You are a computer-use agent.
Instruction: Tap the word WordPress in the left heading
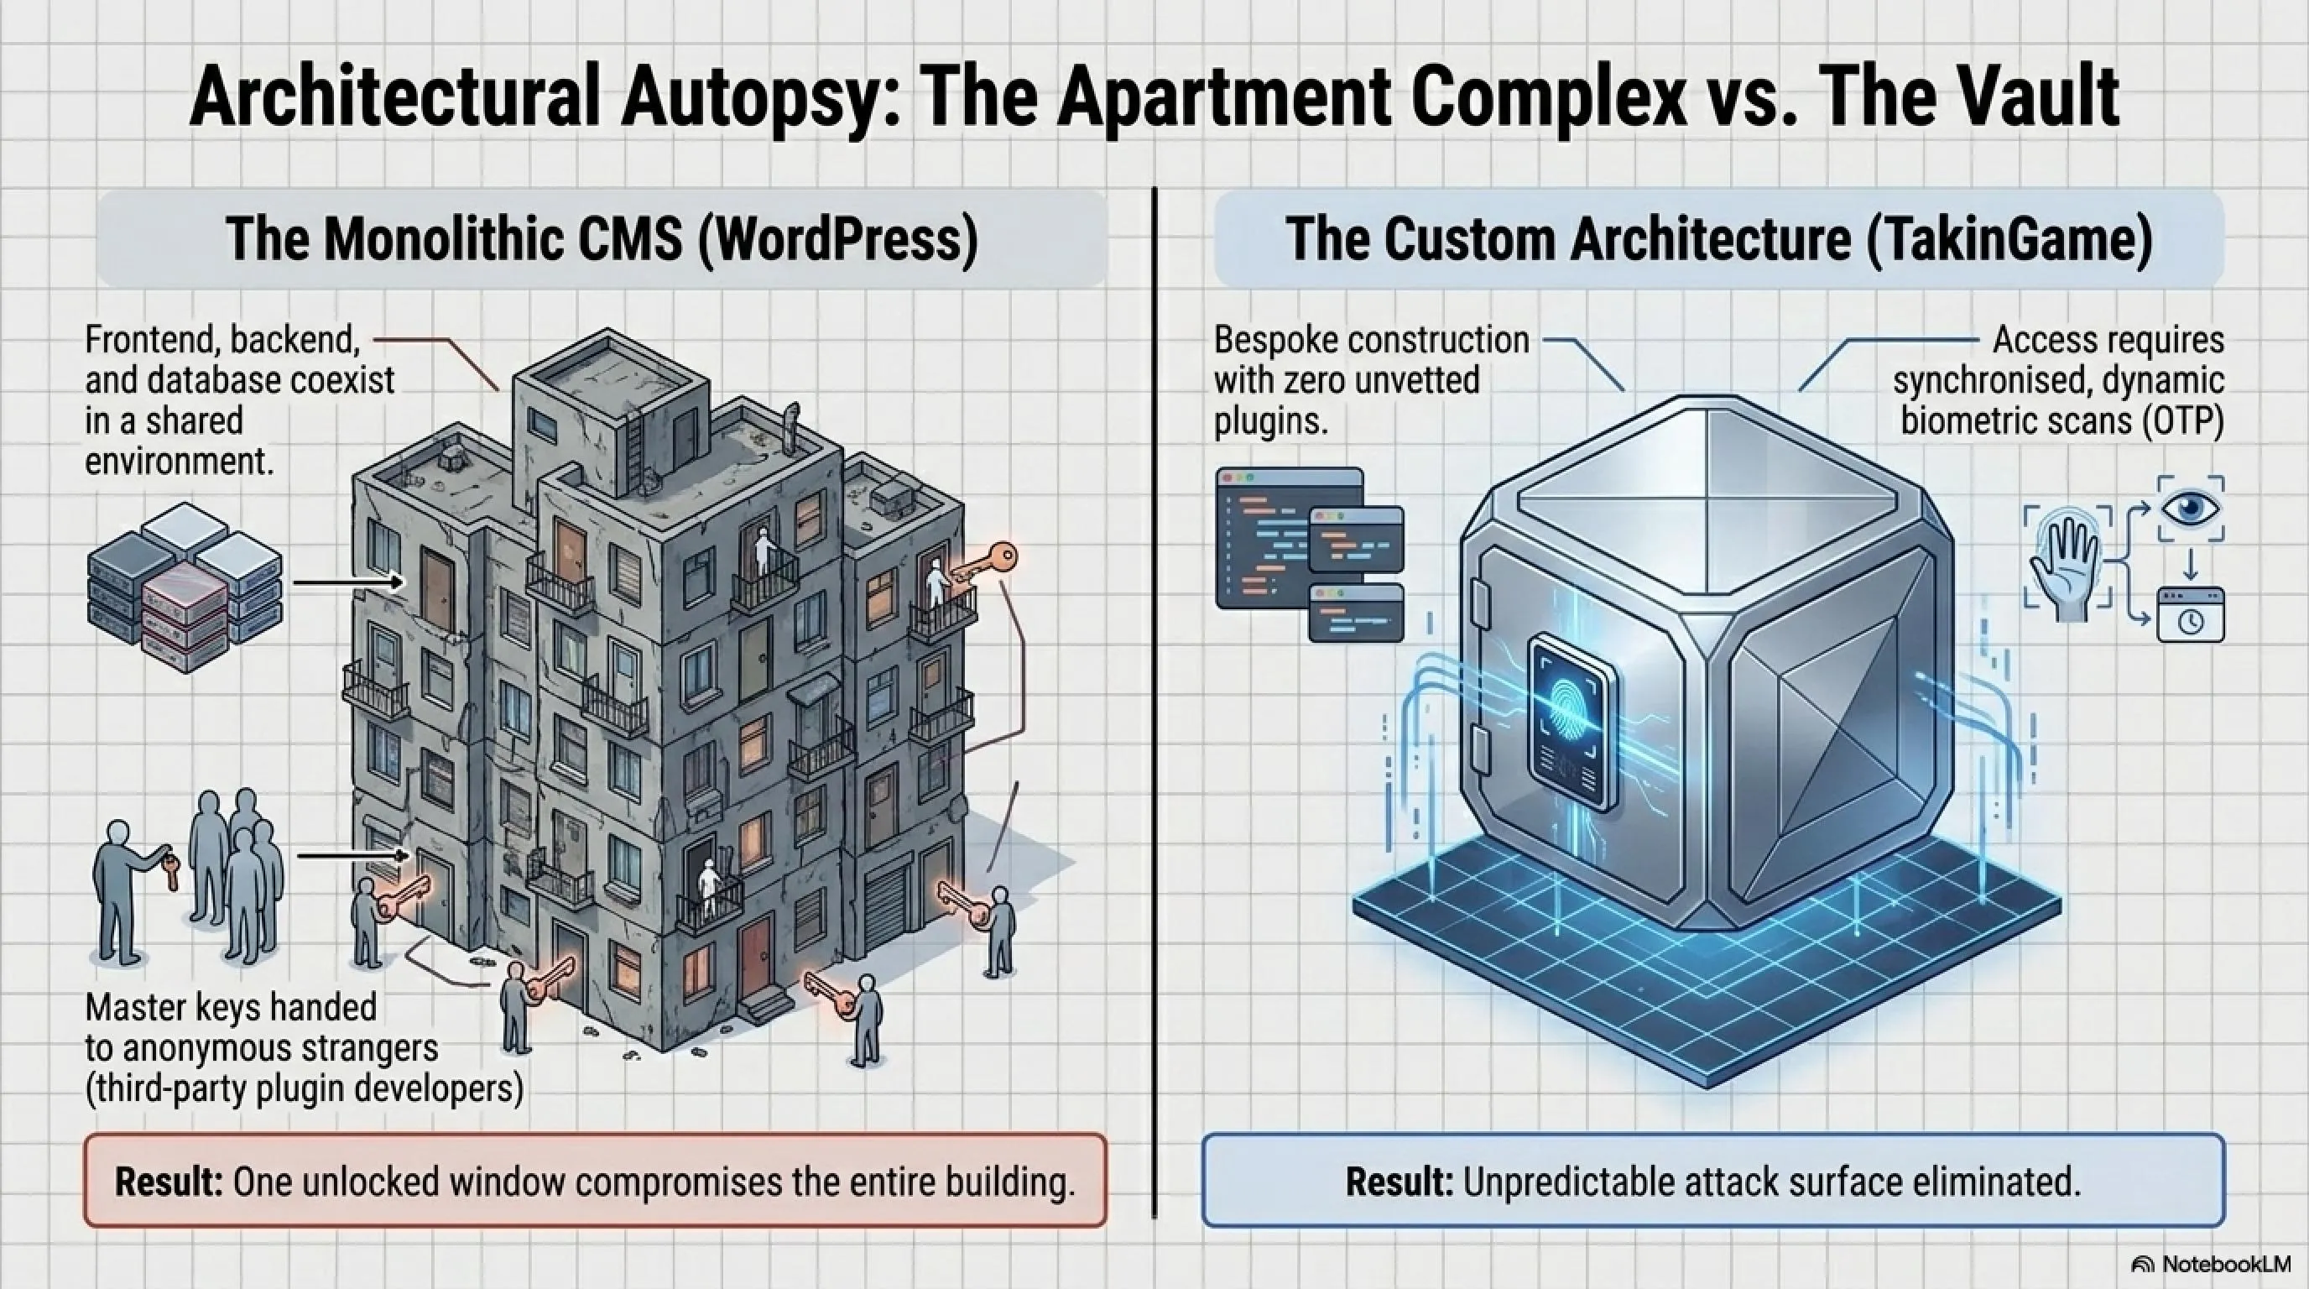click(x=838, y=239)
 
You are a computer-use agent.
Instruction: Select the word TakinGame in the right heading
click(x=2010, y=239)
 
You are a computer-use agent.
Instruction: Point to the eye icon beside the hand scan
click(x=2191, y=509)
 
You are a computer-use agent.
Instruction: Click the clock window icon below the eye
click(x=2191, y=615)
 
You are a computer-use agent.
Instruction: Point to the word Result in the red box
click(x=169, y=1182)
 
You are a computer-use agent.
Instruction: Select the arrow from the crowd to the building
click(x=353, y=856)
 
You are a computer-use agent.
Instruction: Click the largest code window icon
click(x=1289, y=538)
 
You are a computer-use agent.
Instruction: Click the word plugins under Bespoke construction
click(x=1270, y=420)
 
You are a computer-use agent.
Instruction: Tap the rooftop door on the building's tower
click(x=685, y=436)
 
